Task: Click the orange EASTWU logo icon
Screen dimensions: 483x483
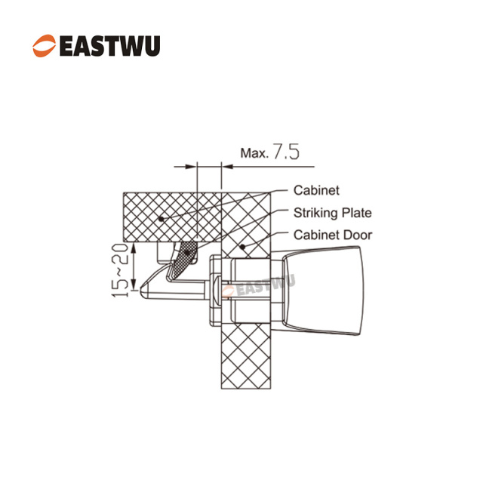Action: tap(45, 46)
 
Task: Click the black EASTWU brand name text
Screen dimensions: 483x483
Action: tap(109, 46)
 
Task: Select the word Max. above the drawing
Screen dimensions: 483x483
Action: tap(255, 153)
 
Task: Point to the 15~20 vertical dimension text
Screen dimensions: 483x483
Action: tap(120, 271)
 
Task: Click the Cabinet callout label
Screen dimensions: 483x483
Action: tap(316, 190)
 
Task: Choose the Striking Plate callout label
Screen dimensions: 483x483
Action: tap(333, 213)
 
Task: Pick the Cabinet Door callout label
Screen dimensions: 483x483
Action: tap(333, 235)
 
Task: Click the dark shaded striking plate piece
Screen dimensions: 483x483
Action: tap(183, 258)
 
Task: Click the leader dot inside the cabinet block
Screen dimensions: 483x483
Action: tap(161, 220)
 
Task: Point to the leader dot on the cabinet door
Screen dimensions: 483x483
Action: tap(243, 247)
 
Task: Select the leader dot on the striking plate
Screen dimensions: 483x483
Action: tap(186, 253)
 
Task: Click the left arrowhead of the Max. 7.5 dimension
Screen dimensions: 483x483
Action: tap(191, 167)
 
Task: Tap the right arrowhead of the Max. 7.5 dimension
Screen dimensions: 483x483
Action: tap(227, 167)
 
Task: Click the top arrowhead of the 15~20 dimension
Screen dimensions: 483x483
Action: tap(134, 248)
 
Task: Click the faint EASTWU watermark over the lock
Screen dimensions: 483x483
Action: tap(259, 286)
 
